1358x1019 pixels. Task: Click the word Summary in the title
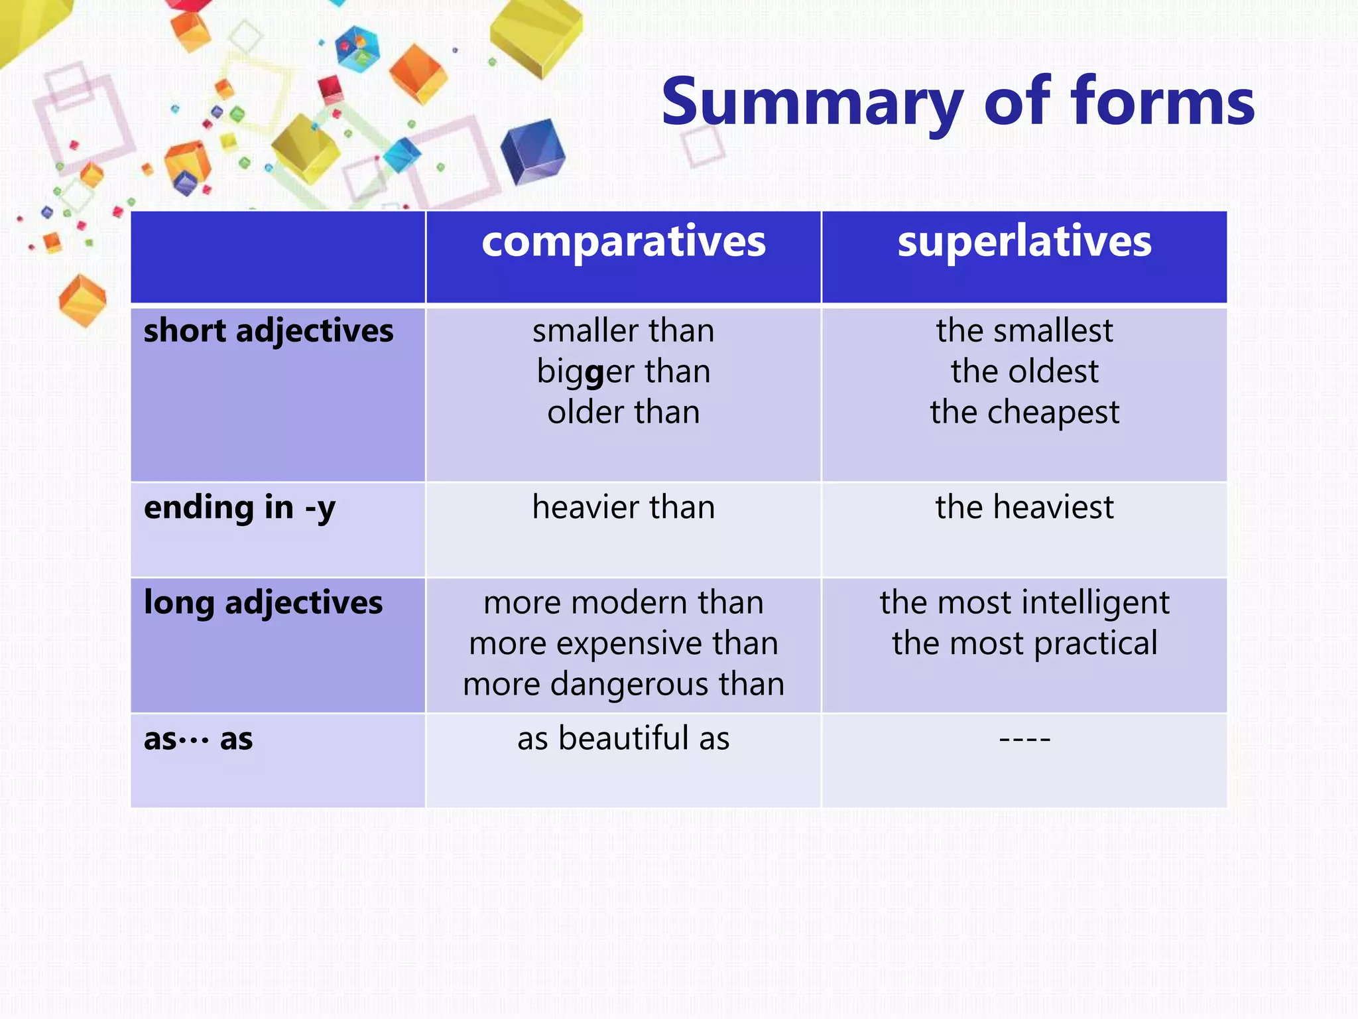812,103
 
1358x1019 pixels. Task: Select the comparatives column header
623,241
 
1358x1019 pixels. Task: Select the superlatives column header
1024,241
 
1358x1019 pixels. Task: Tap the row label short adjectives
269,331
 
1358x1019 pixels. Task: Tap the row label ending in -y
239,508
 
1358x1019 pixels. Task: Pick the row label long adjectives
263,603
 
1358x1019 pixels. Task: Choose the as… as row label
198,739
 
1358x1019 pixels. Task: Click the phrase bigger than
623,372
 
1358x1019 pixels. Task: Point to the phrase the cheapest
1024,413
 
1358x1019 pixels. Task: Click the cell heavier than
623,508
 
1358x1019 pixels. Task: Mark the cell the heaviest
1024,508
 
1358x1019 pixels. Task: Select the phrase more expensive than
623,644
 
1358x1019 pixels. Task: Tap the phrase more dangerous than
623,684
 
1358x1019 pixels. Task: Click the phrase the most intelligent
1024,603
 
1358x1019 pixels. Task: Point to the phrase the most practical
1024,644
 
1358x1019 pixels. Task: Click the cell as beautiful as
623,739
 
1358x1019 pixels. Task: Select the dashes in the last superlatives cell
1024,739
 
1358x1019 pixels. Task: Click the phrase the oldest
1024,372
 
